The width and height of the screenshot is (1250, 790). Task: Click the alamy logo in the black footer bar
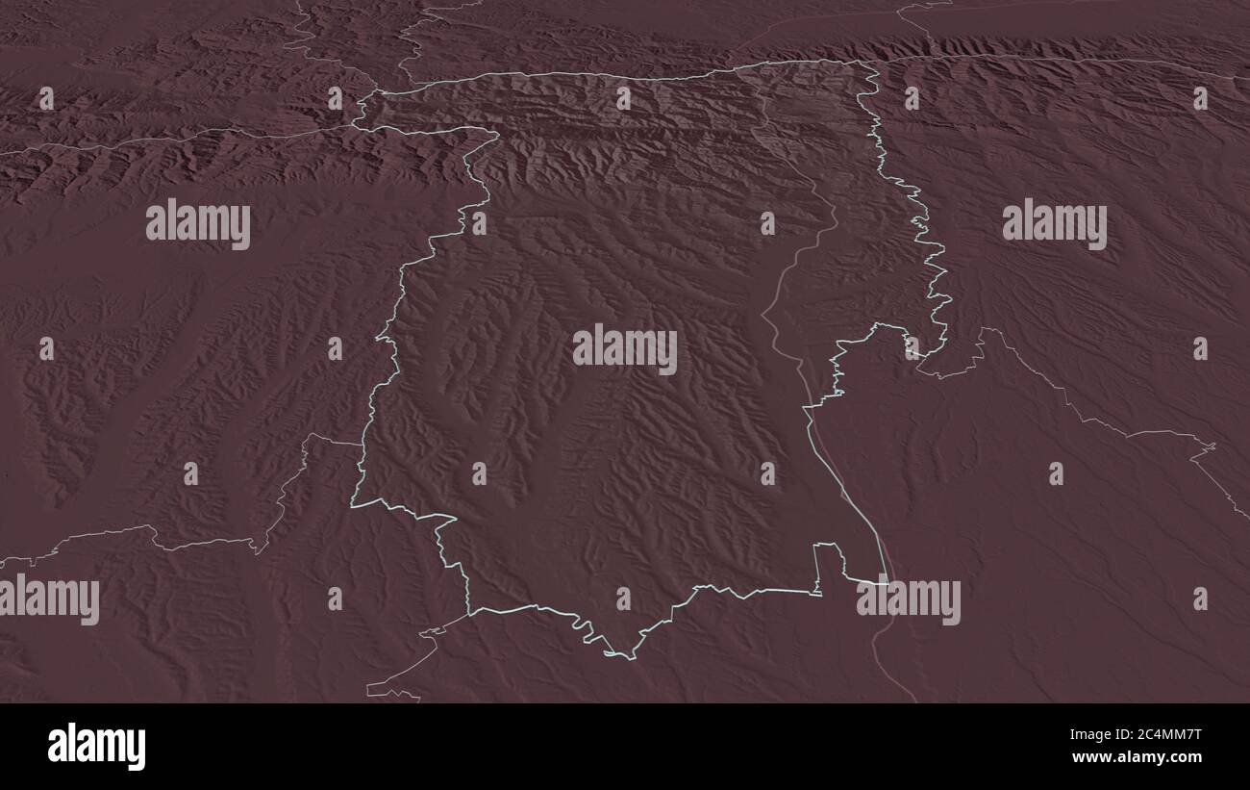(x=96, y=747)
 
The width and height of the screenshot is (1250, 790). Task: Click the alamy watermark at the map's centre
(x=624, y=349)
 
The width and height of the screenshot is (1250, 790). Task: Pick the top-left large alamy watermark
(x=198, y=224)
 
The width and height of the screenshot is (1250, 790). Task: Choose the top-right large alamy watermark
(x=1054, y=224)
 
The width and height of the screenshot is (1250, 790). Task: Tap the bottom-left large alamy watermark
(x=50, y=599)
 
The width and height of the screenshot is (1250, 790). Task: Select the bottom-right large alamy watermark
(x=908, y=599)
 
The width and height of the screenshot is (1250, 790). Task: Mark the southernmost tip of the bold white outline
(x=630, y=659)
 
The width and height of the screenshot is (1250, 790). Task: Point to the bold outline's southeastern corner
(x=887, y=582)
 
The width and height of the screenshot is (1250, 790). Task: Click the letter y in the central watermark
(x=667, y=352)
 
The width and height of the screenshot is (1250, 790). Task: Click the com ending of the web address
(x=1187, y=757)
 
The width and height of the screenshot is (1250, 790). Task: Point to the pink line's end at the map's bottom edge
(x=914, y=701)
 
